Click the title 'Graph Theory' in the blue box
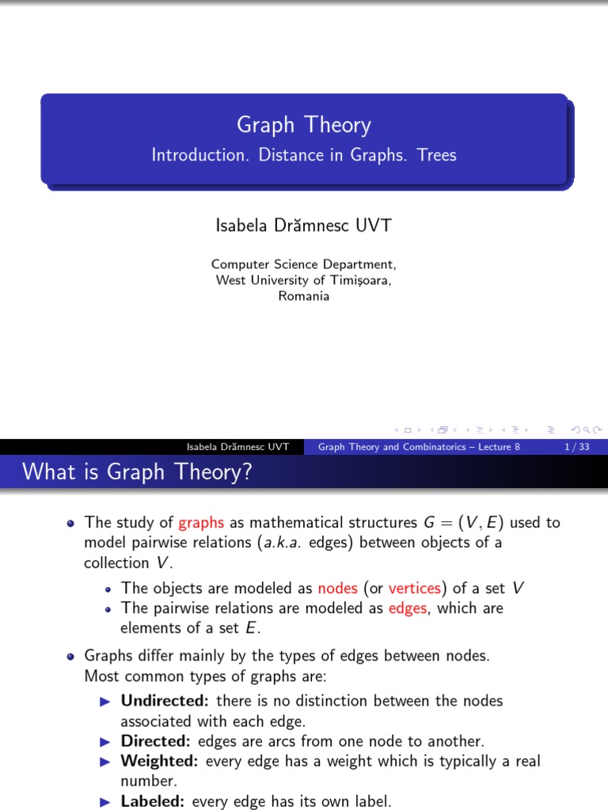pos(304,125)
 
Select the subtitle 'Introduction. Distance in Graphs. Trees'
pos(304,155)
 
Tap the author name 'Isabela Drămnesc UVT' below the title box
pos(304,225)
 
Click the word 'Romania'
pos(304,297)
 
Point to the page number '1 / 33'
pos(576,447)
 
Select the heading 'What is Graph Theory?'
pos(137,472)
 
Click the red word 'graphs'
pos(201,523)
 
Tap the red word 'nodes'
pos(337,589)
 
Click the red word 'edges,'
pos(408,608)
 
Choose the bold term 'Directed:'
pos(155,741)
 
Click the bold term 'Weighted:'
pos(159,761)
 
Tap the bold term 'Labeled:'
pos(153,801)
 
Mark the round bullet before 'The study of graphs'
pos(71,523)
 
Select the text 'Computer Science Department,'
pos(304,264)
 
